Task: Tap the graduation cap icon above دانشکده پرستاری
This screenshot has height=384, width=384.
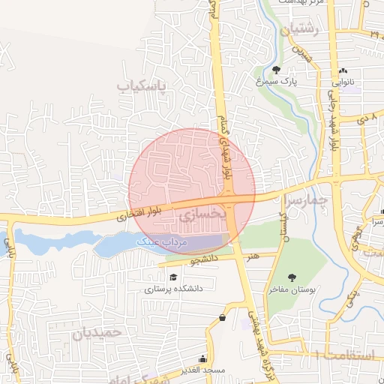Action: point(173,277)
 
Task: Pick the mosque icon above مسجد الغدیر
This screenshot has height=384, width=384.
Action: point(202,359)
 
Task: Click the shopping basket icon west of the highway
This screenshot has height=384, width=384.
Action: point(222,318)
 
